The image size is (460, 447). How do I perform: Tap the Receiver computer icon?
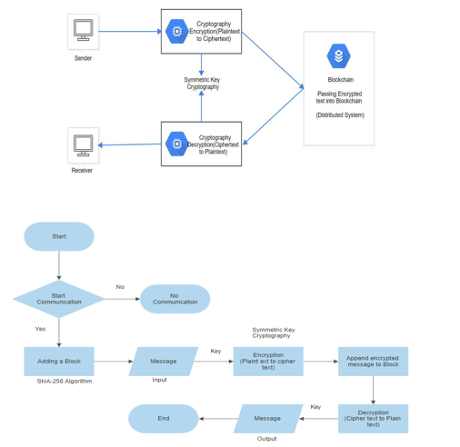point(83,145)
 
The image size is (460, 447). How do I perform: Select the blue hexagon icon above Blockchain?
point(338,56)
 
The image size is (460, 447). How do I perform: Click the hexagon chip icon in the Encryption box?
point(177,31)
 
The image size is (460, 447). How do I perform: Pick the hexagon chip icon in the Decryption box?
point(177,144)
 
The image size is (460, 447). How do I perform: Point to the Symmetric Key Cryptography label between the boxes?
point(202,84)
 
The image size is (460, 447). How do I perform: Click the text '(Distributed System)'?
point(340,115)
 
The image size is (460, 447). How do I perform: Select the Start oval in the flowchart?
point(59,236)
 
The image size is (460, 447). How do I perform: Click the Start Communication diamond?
point(59,299)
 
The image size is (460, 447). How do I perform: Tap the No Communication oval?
point(175,299)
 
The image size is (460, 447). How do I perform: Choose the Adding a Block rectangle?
point(59,362)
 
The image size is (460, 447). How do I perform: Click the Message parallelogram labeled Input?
point(164,362)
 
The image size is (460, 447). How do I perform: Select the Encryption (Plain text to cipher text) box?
point(268,362)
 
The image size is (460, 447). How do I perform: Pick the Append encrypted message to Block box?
point(373,362)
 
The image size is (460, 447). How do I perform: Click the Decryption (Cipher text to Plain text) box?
point(373,419)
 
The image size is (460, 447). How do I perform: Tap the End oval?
point(164,419)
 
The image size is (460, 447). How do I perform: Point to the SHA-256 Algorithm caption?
point(65,382)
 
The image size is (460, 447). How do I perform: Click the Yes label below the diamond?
point(40,329)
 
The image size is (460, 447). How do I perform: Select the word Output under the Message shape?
point(266,439)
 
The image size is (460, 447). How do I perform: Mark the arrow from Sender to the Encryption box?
point(130,31)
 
